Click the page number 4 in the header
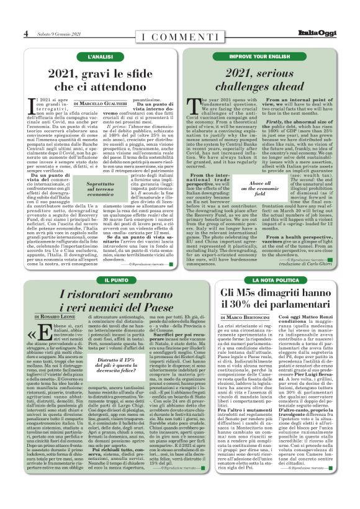(x=25, y=34)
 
